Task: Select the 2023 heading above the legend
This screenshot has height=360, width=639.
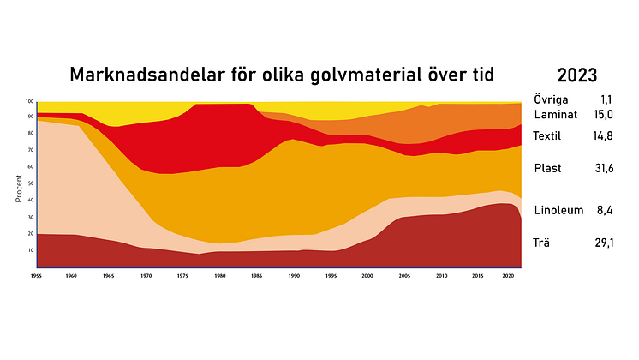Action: point(577,74)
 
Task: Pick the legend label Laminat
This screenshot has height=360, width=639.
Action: point(554,114)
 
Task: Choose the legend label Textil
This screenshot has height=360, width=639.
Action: point(547,136)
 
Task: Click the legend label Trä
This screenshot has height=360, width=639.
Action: point(541,243)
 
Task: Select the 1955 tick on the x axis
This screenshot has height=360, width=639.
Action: point(36,277)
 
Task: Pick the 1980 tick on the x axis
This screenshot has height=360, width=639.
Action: point(219,277)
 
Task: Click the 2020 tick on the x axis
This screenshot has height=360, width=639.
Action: point(508,277)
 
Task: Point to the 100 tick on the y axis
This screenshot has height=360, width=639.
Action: point(28,101)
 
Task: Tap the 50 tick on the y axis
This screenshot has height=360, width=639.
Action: point(29,183)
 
